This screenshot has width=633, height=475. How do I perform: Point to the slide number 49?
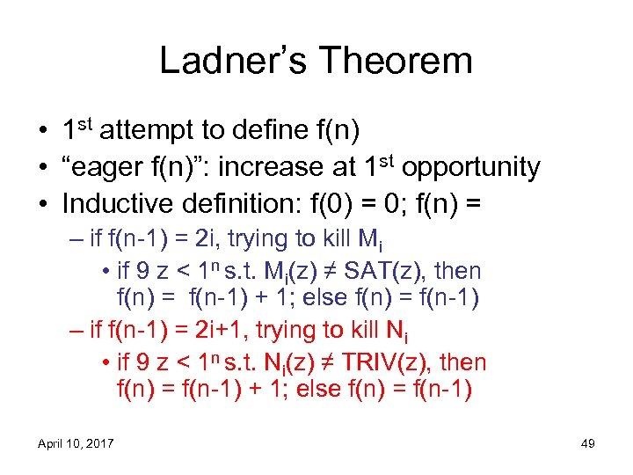click(588, 443)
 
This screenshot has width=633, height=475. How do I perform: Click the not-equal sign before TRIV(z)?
click(354, 362)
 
